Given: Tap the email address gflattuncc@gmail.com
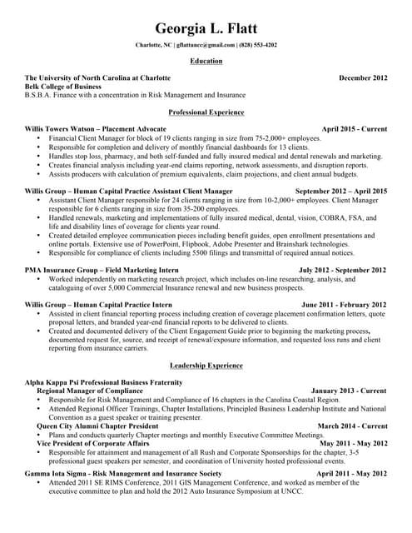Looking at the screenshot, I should [206, 44].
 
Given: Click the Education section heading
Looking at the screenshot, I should [206, 61].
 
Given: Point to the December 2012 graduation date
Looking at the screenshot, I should [363, 77].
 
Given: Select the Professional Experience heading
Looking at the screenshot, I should [206, 112].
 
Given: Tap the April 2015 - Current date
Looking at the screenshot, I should [354, 129].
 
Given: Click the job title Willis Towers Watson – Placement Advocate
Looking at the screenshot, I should [96, 129].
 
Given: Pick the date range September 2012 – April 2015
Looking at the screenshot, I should [341, 191].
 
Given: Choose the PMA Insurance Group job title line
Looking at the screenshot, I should [102, 270].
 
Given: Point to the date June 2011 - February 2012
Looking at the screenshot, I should [344, 305].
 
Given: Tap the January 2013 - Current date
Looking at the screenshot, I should [348, 390].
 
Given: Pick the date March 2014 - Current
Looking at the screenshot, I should [352, 426].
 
